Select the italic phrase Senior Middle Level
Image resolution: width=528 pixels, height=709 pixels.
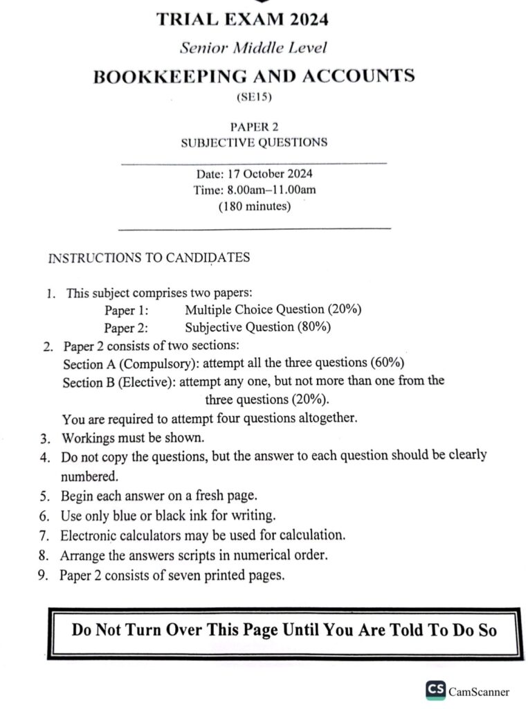point(253,48)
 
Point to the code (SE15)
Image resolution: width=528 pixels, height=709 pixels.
point(254,98)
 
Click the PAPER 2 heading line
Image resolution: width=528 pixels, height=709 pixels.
point(253,126)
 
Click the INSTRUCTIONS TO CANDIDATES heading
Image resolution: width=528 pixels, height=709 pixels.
point(149,258)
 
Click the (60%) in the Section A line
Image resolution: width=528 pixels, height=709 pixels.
point(388,363)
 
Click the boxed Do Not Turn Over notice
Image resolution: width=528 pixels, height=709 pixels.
point(284,631)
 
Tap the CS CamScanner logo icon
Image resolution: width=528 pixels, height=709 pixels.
point(436,690)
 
